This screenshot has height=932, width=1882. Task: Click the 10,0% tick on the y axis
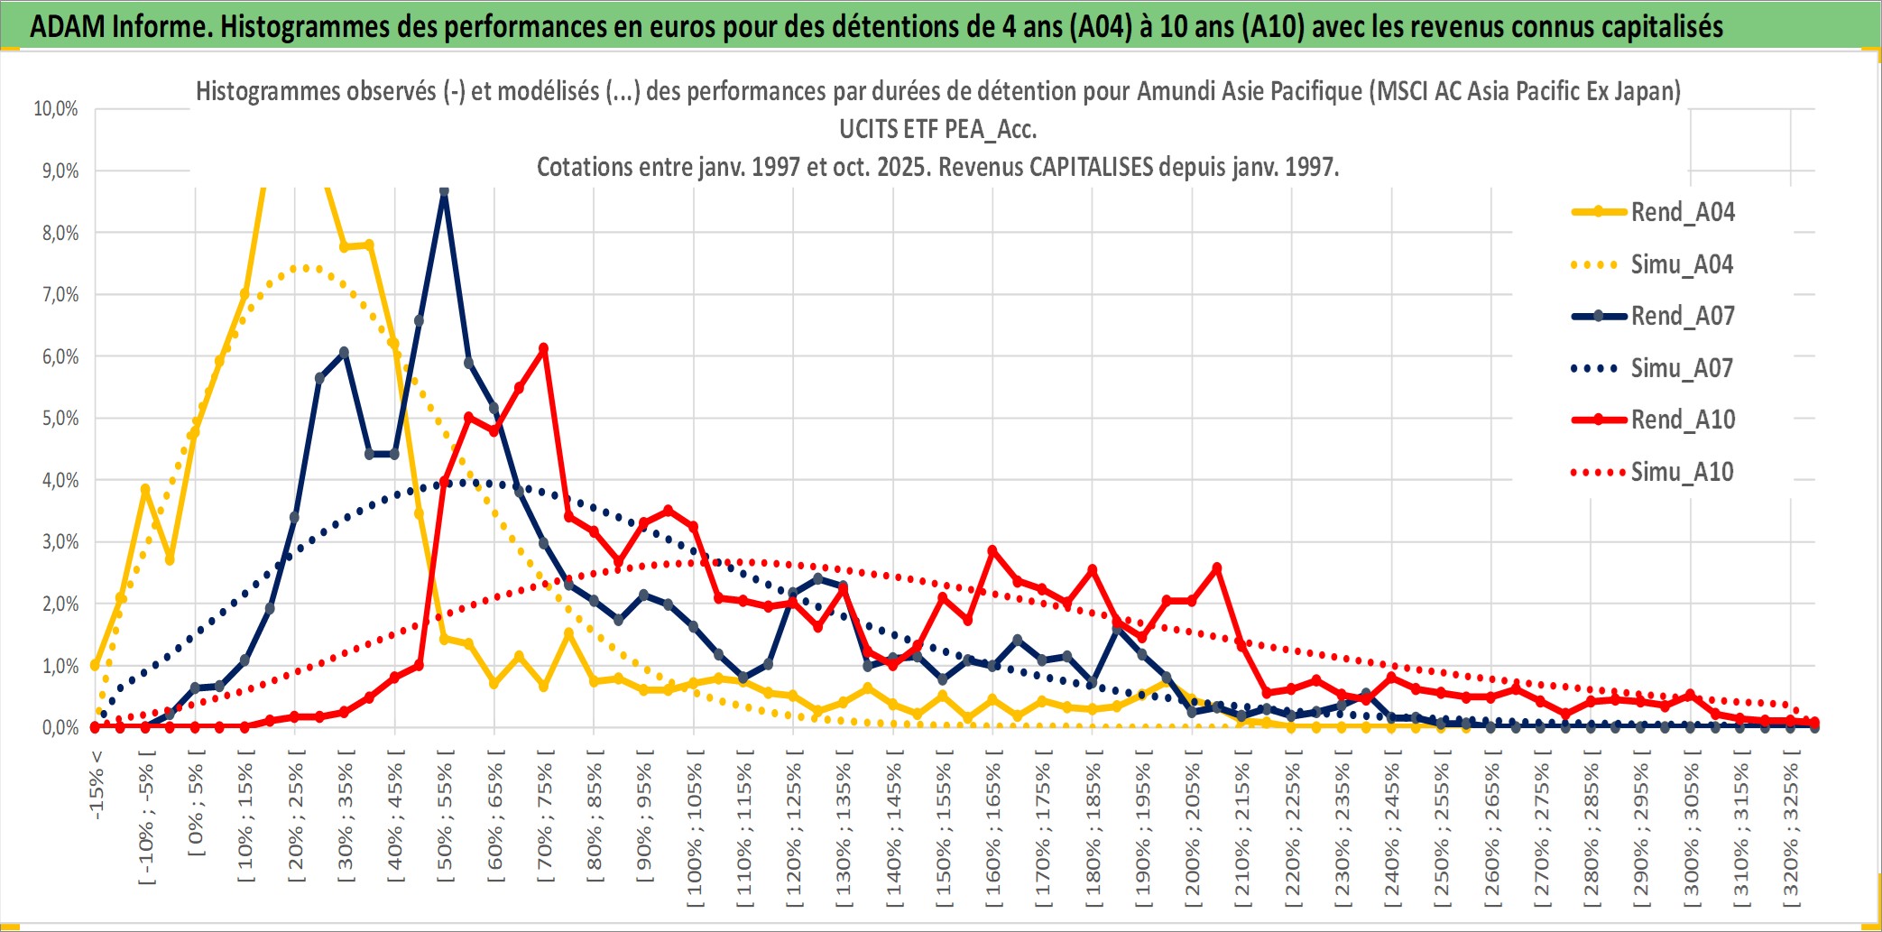point(56,109)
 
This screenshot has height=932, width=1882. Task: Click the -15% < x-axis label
point(97,785)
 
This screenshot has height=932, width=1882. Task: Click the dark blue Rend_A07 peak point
point(444,191)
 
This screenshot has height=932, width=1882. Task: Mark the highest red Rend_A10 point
point(543,348)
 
